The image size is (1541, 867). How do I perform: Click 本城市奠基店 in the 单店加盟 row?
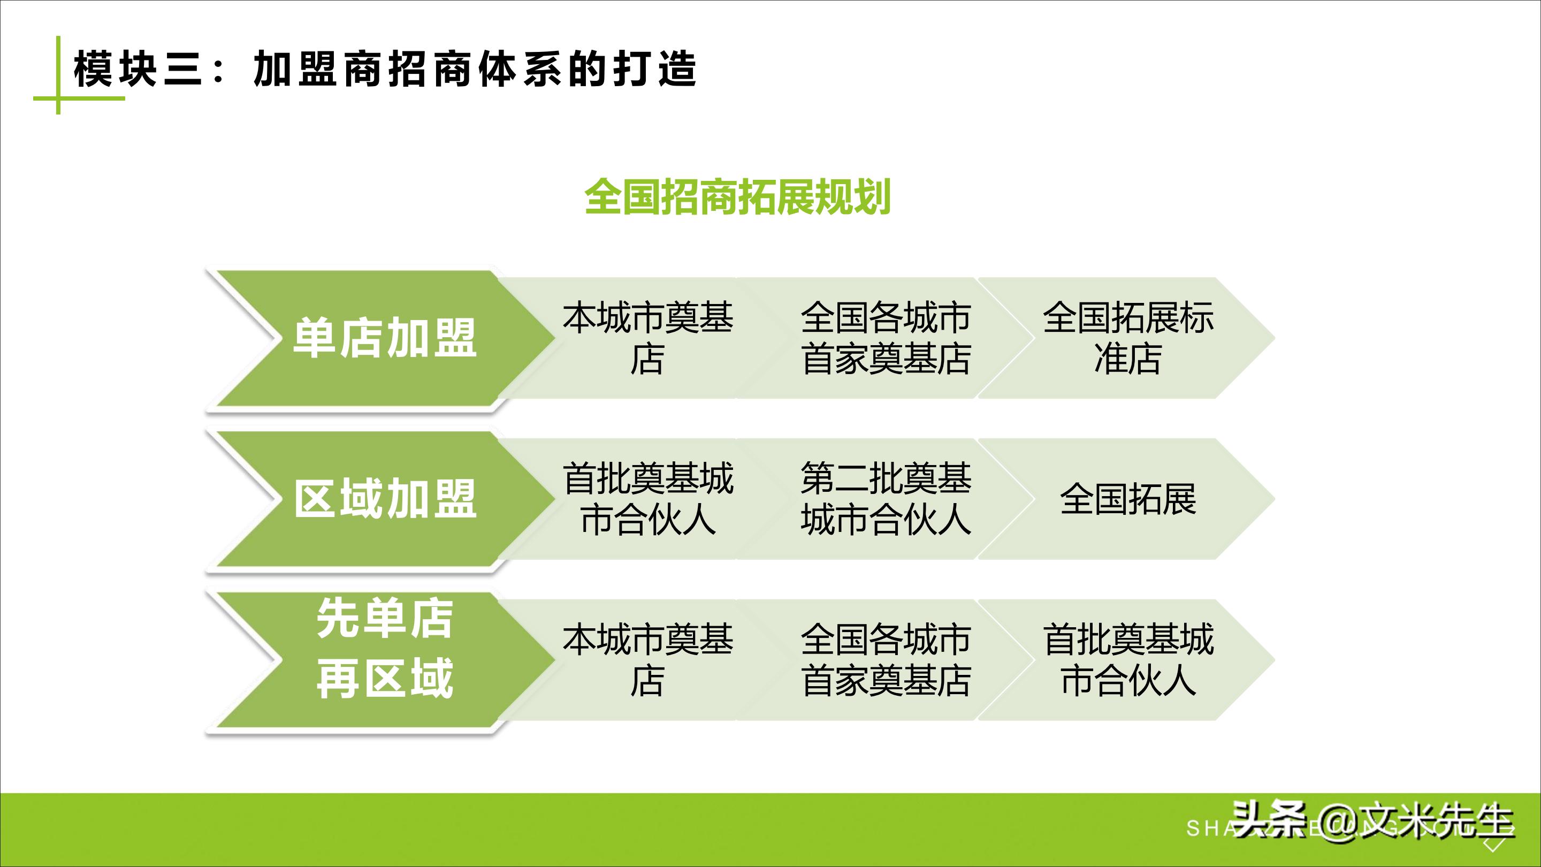647,338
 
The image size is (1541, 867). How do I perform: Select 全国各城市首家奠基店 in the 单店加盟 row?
886,338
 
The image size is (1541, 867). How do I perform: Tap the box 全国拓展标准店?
1127,338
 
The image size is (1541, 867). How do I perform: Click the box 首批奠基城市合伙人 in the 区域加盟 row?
647,498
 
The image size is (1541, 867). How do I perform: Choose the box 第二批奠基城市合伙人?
886,498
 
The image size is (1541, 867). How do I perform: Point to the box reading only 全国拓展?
1127,498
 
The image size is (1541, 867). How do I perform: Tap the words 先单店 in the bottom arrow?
384,619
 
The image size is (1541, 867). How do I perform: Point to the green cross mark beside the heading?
59,97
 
